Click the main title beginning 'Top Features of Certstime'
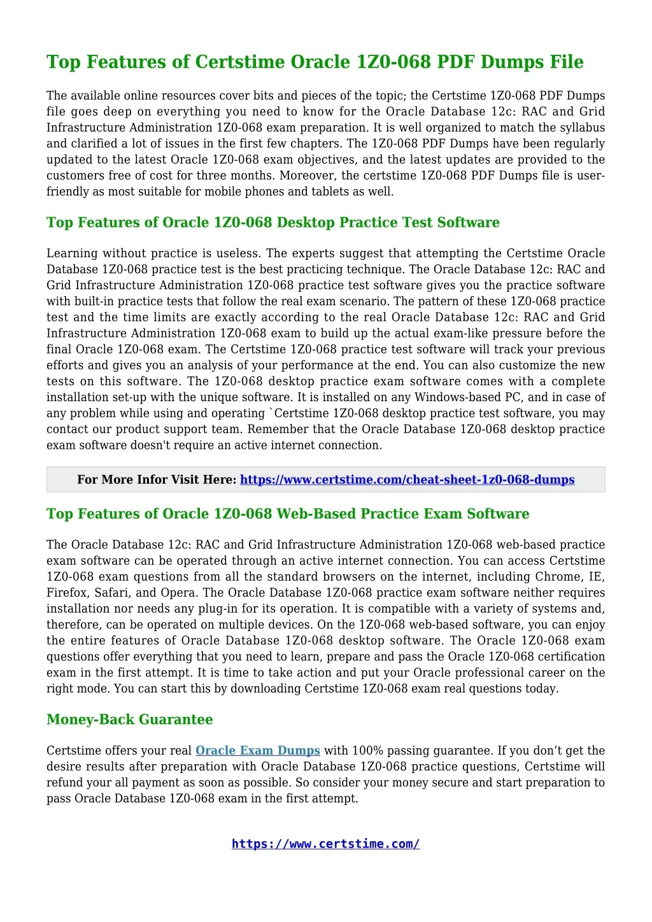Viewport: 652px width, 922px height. (315, 62)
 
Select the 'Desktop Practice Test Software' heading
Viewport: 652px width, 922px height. (273, 222)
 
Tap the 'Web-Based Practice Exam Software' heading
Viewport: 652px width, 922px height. (287, 514)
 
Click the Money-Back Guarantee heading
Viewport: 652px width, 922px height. (129, 720)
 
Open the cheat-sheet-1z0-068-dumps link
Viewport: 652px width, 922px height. (407, 479)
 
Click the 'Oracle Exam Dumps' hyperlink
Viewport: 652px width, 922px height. (257, 751)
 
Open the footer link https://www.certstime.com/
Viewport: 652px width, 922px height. (325, 844)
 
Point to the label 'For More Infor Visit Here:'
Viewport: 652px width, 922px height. (157, 479)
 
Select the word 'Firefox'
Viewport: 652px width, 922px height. (67, 593)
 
